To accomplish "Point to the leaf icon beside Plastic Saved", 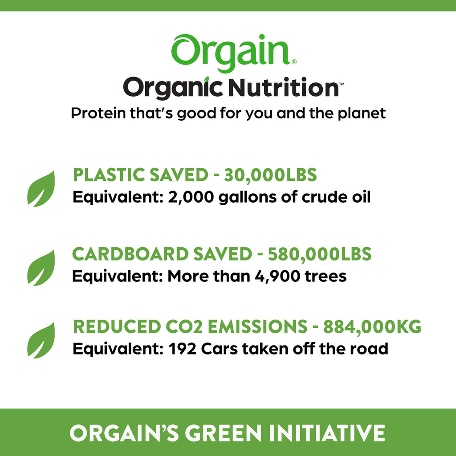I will coord(41,188).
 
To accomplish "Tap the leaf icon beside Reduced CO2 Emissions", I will coord(41,341).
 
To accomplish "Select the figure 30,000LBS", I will coord(270,175).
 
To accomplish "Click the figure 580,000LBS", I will coord(319,254).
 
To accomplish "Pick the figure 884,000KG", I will coord(372,327).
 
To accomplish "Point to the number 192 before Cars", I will coord(183,349).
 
